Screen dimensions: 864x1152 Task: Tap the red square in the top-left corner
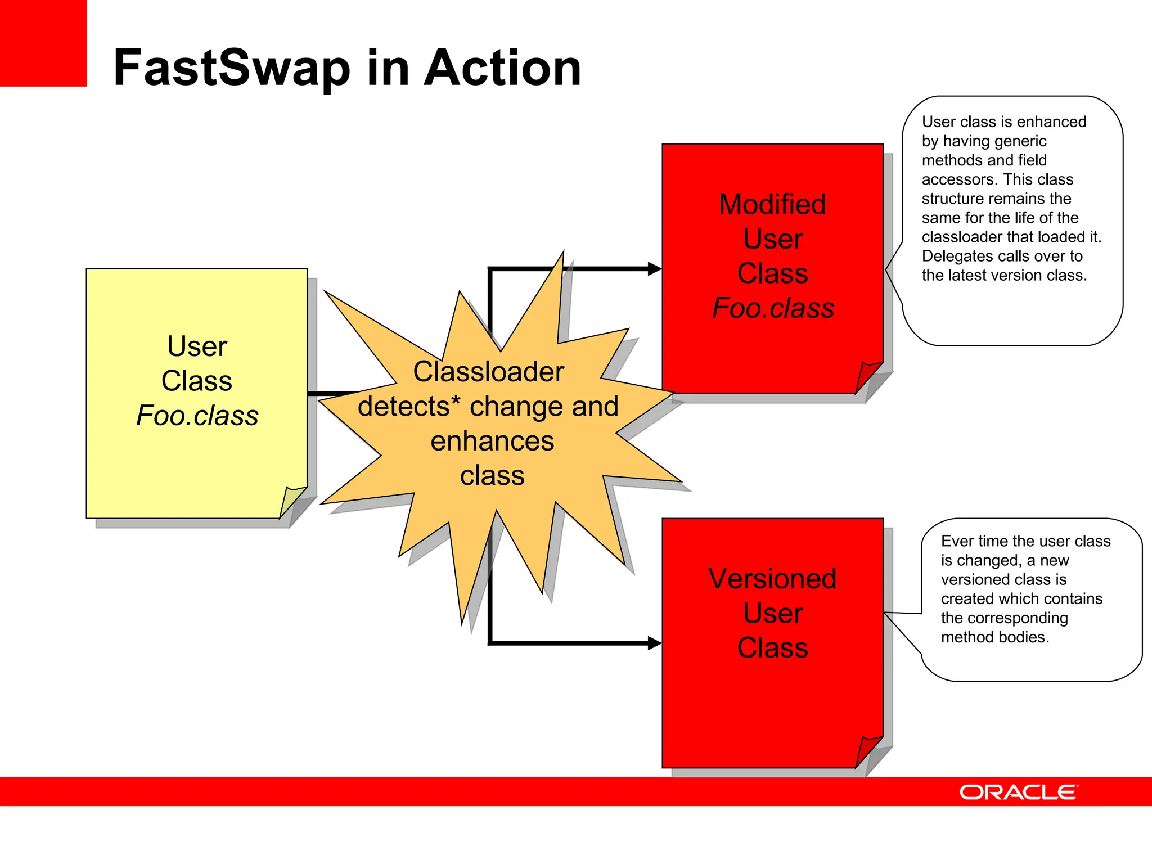(43, 43)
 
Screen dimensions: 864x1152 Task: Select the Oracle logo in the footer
(1019, 792)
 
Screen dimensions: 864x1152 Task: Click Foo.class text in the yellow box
(197, 416)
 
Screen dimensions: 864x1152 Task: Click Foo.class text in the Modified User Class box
(773, 308)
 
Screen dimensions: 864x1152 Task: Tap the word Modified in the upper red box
(772, 204)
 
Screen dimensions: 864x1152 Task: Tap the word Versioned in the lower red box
(772, 579)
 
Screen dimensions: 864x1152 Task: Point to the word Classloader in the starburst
(488, 372)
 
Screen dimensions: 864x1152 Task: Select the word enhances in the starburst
(492, 442)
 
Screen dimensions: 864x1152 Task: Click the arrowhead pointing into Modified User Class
(654, 269)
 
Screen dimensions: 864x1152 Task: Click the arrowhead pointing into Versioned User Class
(654, 643)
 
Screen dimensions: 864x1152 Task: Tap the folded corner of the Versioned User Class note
(868, 749)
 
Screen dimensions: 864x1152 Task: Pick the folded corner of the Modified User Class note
(868, 375)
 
